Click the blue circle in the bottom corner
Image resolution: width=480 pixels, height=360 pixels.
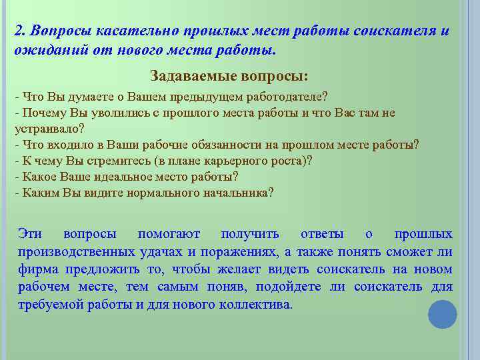click(442, 314)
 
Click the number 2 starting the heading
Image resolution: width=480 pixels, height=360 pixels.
click(19, 31)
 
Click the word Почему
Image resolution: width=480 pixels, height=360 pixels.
click(41, 113)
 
